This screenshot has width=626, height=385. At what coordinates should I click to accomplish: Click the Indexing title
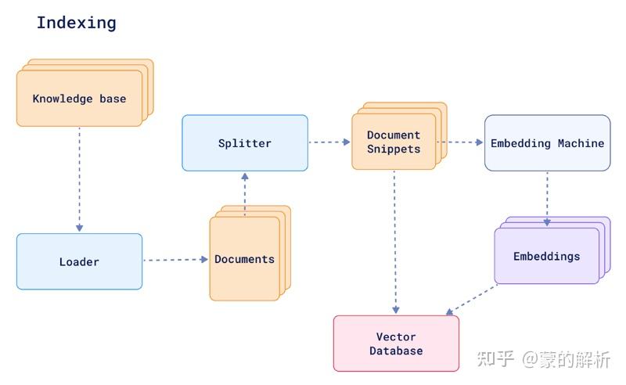[x=76, y=23]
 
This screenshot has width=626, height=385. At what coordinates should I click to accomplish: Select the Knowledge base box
[x=79, y=99]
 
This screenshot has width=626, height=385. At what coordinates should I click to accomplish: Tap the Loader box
[x=79, y=261]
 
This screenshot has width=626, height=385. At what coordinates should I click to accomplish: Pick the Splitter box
[x=245, y=143]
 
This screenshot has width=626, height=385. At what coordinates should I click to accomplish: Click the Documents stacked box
[x=244, y=259]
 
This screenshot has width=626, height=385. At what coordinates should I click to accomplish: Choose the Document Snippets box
[x=394, y=142]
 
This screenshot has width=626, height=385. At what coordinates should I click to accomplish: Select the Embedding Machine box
[x=547, y=143]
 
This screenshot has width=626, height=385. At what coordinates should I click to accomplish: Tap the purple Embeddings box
[x=546, y=256]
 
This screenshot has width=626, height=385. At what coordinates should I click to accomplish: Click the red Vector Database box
[x=396, y=344]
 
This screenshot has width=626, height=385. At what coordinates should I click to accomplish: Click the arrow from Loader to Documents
[x=175, y=259]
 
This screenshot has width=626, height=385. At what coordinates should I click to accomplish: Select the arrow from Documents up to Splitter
[x=245, y=192]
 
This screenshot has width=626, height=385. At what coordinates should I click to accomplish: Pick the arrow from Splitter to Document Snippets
[x=329, y=142]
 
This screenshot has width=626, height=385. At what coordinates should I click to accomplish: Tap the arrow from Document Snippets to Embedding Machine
[x=460, y=142]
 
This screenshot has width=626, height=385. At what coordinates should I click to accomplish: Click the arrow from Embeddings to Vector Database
[x=471, y=300]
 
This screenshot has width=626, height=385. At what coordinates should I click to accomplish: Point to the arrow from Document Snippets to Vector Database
[x=395, y=243]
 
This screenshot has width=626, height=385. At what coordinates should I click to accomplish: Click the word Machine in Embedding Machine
[x=581, y=143]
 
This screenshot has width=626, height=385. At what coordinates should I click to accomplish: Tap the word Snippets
[x=394, y=149]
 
